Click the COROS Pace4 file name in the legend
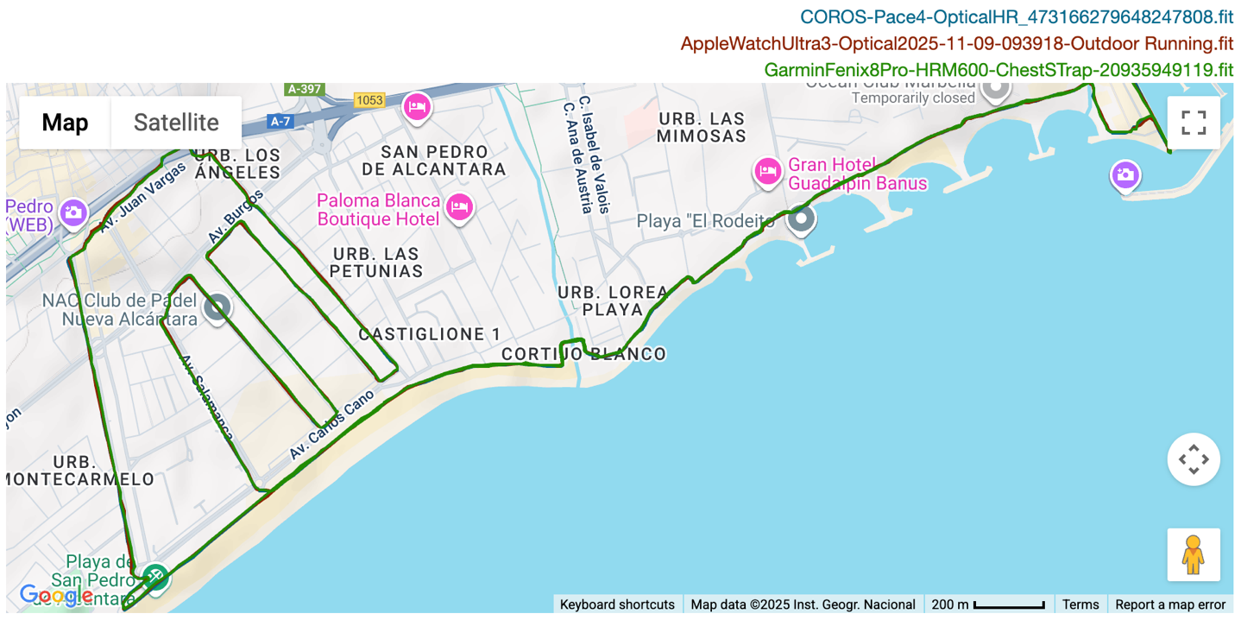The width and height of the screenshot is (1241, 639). pos(1017,16)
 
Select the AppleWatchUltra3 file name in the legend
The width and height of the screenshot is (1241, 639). pos(957,43)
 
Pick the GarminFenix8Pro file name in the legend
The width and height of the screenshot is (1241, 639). pos(998,70)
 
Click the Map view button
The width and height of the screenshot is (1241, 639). pos(65,123)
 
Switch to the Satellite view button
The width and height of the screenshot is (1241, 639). pos(176,123)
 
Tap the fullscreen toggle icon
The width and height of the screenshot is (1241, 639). pos(1194,123)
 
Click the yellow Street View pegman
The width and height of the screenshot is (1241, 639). pos(1194,554)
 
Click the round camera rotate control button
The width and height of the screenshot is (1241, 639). pos(1194,459)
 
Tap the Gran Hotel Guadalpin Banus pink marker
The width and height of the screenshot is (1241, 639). pos(767,172)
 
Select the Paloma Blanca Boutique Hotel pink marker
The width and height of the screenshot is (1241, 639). pos(460,206)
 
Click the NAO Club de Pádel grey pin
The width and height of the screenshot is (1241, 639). pos(217,307)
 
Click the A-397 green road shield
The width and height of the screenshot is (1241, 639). pos(305,89)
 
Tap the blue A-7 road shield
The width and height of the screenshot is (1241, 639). pos(280,122)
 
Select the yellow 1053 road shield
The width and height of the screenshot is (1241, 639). pos(369,100)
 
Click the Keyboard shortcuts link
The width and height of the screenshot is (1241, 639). pos(617,604)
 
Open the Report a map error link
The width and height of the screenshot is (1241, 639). pos(1170,604)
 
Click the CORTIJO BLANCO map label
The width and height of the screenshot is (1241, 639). pos(583,354)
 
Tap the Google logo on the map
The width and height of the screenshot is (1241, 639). pos(55,595)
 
